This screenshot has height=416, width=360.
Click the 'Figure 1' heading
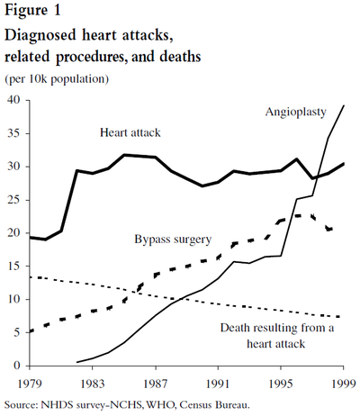click(32, 11)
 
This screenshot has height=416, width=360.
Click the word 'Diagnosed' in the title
click(40, 36)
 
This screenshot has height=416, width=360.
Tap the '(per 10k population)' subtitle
click(57, 79)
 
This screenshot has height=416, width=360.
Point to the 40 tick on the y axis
click(13, 100)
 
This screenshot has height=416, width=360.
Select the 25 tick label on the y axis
click(13, 200)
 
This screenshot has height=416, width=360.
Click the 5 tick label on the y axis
click(16, 332)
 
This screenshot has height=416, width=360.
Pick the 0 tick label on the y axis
click(16, 366)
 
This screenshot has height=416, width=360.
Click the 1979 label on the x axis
click(30, 384)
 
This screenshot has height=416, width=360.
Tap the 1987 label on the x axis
click(155, 384)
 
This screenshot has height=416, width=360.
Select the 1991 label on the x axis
click(218, 384)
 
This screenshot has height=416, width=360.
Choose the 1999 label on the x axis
click(344, 384)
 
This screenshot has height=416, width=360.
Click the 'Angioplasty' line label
click(296, 113)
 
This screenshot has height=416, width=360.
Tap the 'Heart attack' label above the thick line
click(130, 132)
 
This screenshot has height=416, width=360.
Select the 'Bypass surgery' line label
click(173, 240)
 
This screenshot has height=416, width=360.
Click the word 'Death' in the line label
click(236, 328)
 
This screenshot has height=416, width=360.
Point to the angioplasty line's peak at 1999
click(344, 105)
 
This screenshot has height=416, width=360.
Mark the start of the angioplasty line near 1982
click(76, 362)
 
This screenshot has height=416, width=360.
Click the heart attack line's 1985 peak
click(124, 155)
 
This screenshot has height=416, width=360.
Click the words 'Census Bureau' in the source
click(215, 405)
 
